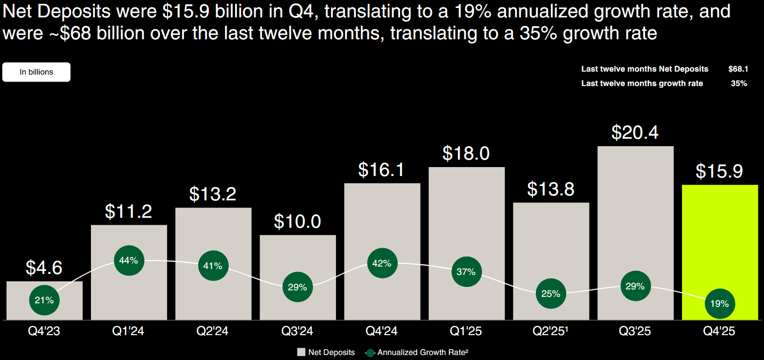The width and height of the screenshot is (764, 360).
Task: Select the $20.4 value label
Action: [x=635, y=132]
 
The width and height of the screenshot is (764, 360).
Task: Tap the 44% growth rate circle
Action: [x=129, y=260]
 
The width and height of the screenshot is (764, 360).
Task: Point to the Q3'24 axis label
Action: [x=298, y=331]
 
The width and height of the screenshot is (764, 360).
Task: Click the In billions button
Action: [x=36, y=72]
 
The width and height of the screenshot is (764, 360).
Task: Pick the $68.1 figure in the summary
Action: [x=738, y=69]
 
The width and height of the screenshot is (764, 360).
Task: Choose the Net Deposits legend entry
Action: [x=326, y=352]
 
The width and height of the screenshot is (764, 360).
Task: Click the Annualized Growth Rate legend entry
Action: [x=417, y=352]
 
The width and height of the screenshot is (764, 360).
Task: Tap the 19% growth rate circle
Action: [x=719, y=303]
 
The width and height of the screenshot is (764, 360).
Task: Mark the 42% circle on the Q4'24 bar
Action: [x=382, y=264]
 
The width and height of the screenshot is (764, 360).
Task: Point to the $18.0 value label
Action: [x=466, y=153]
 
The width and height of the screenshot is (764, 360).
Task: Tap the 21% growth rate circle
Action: [x=44, y=300]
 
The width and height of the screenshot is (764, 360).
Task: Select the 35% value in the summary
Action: [x=739, y=84]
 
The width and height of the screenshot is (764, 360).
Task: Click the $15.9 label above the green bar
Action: [x=719, y=171]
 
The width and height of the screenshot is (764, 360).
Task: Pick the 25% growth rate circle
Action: [x=551, y=293]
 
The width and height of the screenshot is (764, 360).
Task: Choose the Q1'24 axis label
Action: [x=129, y=331]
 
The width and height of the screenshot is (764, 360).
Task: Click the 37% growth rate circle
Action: [x=466, y=272]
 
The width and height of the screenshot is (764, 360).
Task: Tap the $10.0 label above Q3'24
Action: [x=298, y=221]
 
